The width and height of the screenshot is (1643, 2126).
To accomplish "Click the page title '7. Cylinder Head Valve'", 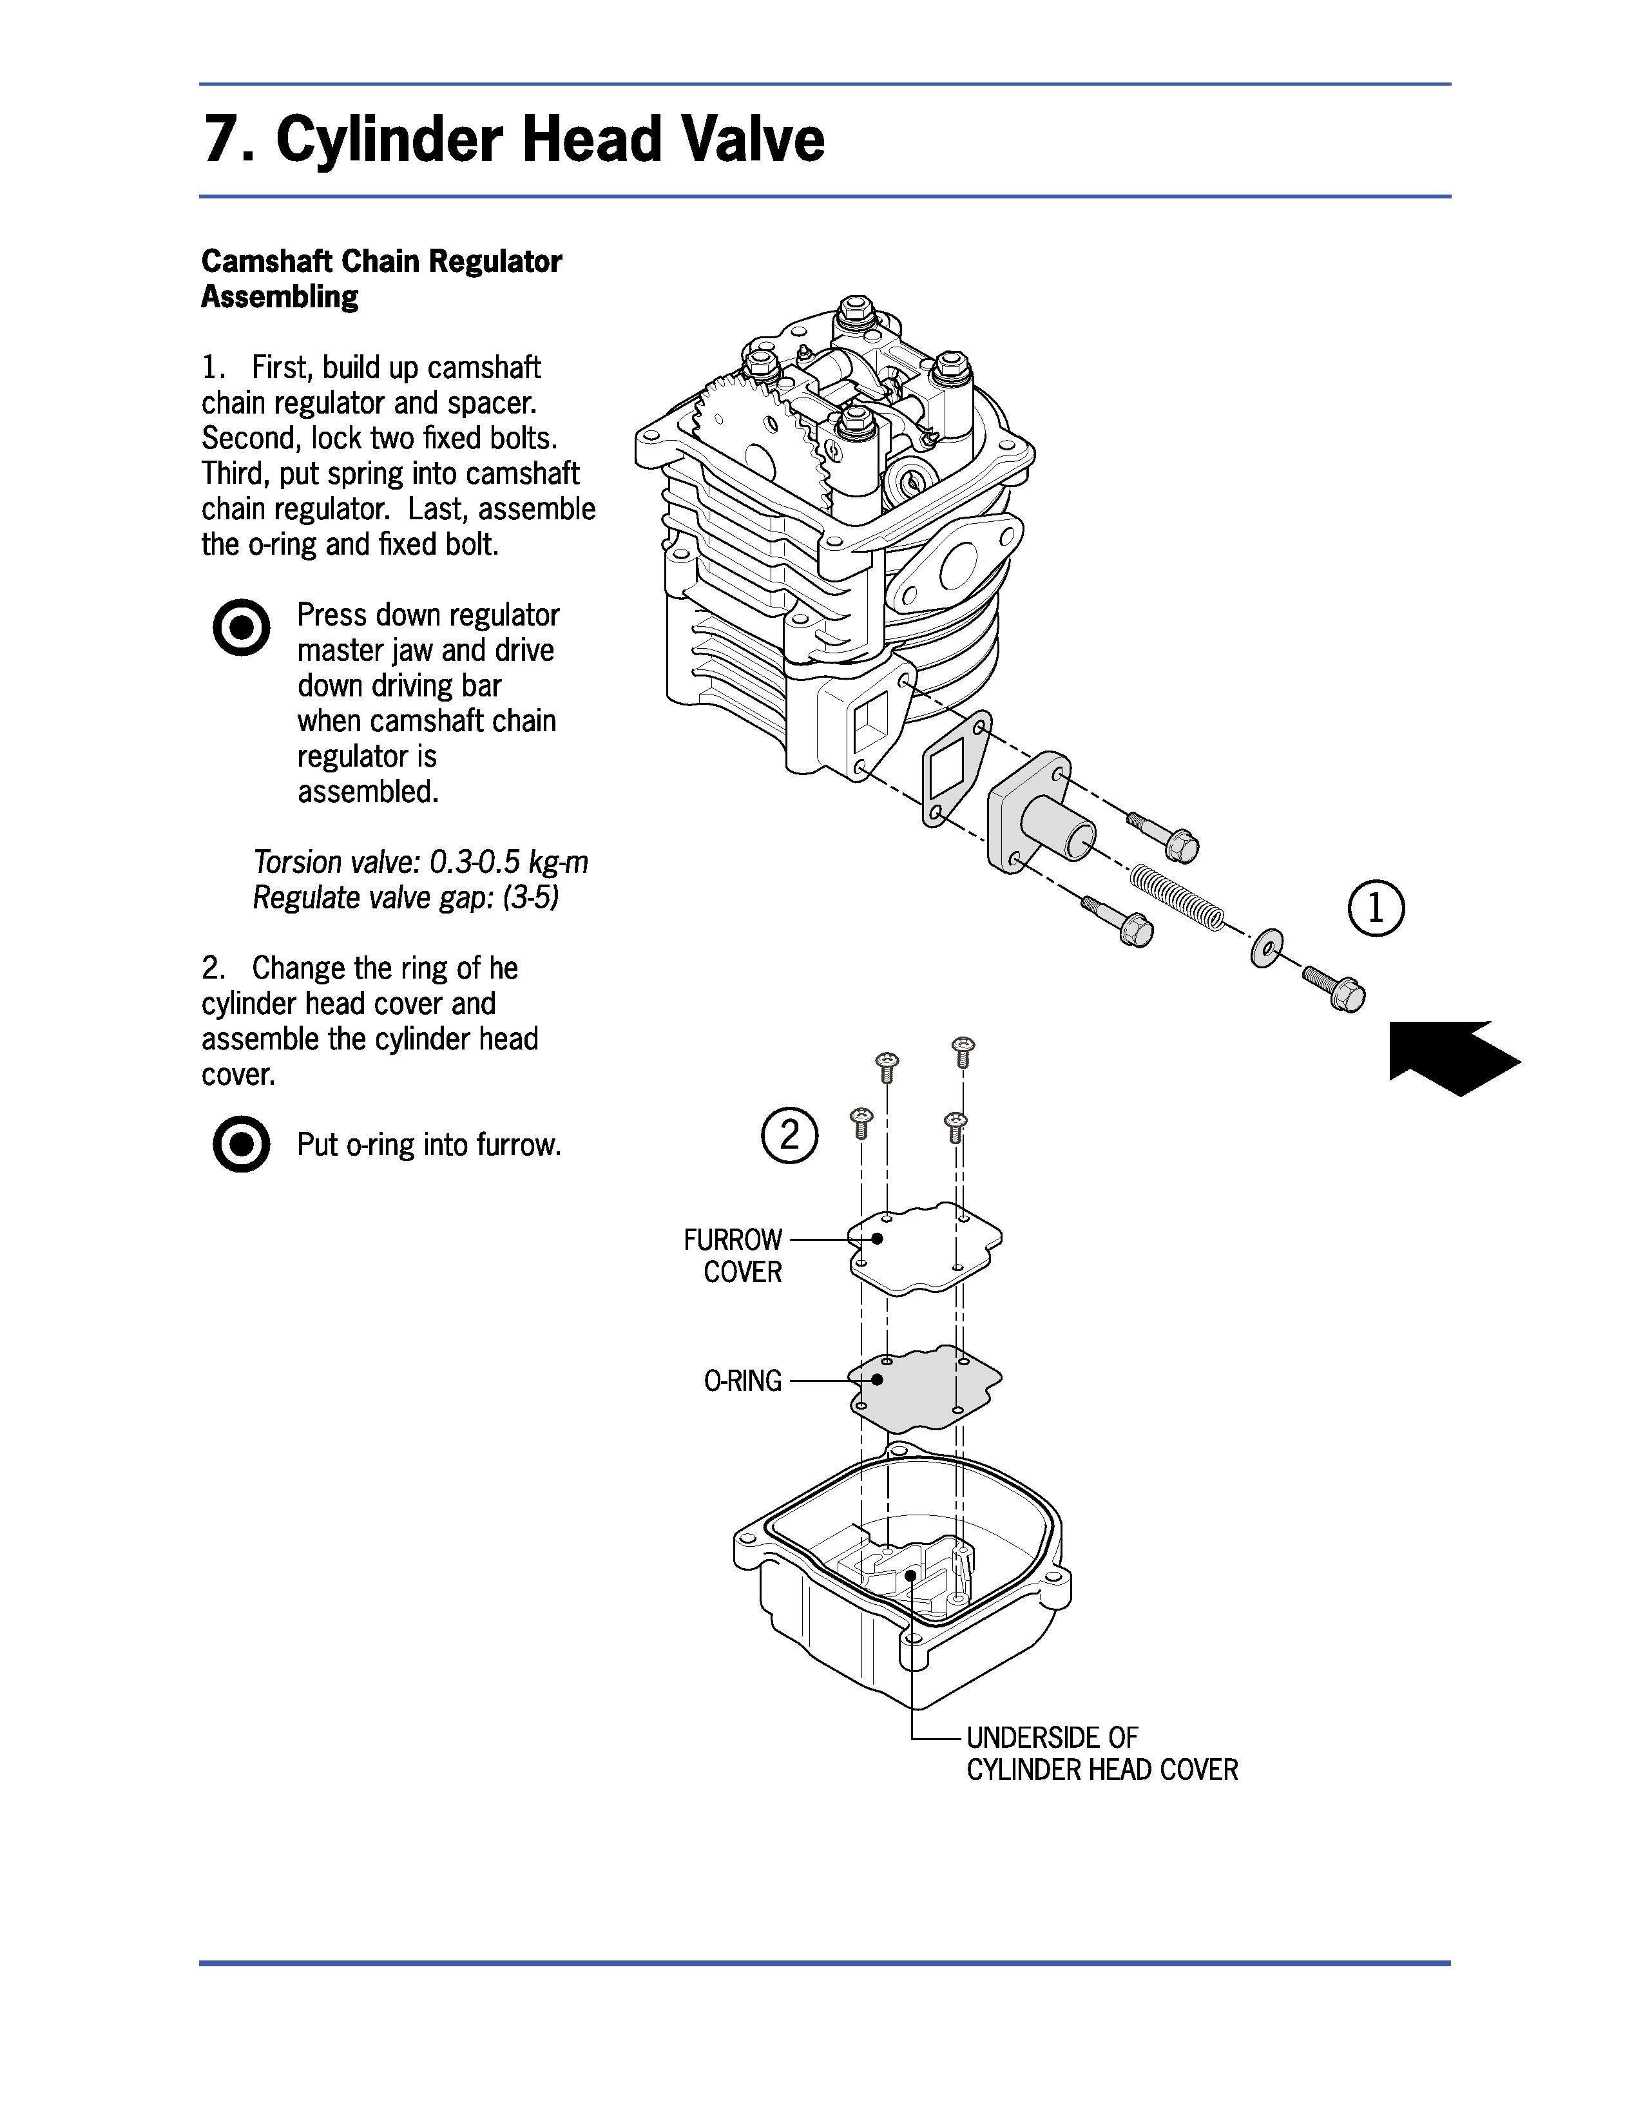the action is pyautogui.click(x=513, y=139).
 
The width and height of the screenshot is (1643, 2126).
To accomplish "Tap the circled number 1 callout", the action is pyautogui.click(x=1376, y=908).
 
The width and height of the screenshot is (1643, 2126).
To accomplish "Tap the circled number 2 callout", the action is pyautogui.click(x=789, y=1135).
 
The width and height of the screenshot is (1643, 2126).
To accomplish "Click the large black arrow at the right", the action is pyautogui.click(x=1454, y=1058).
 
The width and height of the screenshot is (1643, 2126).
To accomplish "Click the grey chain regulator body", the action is pyautogui.click(x=1041, y=810).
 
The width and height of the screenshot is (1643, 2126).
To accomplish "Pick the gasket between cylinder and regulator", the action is pyautogui.click(x=955, y=769).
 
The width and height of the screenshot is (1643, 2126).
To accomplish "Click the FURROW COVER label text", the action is pyautogui.click(x=733, y=1256).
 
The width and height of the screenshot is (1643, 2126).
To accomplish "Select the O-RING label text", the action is pyautogui.click(x=743, y=1381).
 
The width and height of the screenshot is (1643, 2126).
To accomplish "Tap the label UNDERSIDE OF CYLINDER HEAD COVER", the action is pyautogui.click(x=1102, y=1753).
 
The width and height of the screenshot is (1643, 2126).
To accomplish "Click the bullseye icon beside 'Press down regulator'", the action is pyautogui.click(x=240, y=627).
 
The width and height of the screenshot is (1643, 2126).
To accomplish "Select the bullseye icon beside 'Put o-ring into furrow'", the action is pyautogui.click(x=240, y=1144).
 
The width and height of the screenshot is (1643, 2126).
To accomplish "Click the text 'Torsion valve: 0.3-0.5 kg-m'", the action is pyautogui.click(x=421, y=863).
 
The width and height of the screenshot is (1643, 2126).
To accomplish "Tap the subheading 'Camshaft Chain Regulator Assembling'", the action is pyautogui.click(x=381, y=278).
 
